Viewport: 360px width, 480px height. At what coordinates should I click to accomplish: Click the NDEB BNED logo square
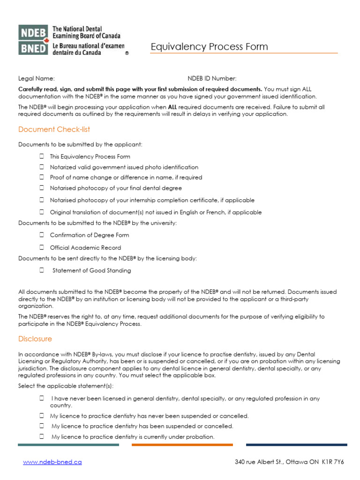coord(33,40)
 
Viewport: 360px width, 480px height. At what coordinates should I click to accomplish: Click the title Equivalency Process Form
coord(209,47)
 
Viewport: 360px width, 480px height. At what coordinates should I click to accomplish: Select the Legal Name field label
coord(37,78)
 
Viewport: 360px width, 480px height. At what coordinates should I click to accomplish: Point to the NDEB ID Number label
coord(212,78)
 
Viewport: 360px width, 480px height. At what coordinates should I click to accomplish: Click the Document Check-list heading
coord(54,129)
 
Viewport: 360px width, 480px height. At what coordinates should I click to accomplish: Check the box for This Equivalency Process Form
coord(42,156)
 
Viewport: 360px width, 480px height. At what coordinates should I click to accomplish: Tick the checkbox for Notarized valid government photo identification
coord(42,167)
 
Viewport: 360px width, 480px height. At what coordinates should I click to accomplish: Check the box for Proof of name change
coord(42,177)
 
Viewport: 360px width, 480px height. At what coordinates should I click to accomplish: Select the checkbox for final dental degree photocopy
coord(42,188)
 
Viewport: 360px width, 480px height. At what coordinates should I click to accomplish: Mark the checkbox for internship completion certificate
coord(42,200)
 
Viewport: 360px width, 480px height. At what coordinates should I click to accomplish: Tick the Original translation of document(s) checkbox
coord(42,212)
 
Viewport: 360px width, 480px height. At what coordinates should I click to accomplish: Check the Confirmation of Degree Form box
coord(42,235)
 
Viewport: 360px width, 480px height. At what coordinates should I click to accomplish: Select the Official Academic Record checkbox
coord(42,247)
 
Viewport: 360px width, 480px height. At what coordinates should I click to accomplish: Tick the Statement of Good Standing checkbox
coord(42,270)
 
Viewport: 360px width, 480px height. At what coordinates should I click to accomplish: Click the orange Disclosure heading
coord(35,339)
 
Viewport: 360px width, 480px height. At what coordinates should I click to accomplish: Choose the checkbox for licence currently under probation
coord(42,436)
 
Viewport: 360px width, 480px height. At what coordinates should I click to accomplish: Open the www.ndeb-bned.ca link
coord(52,462)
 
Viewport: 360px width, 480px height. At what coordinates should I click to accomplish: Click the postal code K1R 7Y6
coord(333,462)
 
